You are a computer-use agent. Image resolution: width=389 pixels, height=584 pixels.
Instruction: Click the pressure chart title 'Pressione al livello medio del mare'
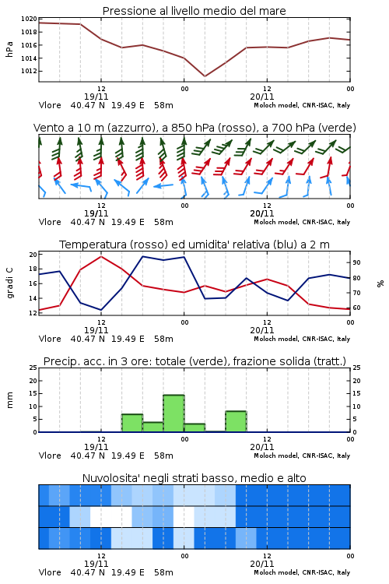pyautogui.click(x=194, y=11)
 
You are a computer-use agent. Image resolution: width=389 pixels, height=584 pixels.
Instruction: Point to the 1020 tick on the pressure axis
pyautogui.click(x=29, y=19)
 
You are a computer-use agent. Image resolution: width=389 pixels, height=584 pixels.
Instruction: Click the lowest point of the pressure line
pyautogui.click(x=205, y=76)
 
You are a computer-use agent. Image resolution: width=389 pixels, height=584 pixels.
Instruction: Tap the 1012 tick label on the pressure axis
pyautogui.click(x=29, y=71)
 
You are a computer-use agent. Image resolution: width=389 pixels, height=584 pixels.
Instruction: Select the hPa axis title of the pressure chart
pyautogui.click(x=9, y=49)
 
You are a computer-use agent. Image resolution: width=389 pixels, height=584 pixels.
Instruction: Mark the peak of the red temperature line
pyautogui.click(x=101, y=256)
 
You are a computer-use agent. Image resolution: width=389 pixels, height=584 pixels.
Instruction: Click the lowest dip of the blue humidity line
pyautogui.click(x=101, y=310)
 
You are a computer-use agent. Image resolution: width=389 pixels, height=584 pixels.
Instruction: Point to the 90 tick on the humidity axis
pyautogui.click(x=356, y=262)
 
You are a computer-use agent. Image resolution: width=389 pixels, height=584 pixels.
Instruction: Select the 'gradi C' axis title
pyautogui.click(x=10, y=283)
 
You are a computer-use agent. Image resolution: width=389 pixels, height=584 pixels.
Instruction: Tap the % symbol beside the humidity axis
pyautogui.click(x=380, y=283)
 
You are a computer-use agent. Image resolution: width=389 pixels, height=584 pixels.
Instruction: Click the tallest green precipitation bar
pyautogui.click(x=173, y=413)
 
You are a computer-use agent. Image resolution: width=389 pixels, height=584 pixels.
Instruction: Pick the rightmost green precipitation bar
pyautogui.click(x=236, y=421)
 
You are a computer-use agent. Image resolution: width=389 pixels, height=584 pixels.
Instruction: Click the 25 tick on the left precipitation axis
pyautogui.click(x=33, y=368)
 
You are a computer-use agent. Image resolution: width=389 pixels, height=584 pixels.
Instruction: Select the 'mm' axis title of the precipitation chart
pyautogui.click(x=9, y=400)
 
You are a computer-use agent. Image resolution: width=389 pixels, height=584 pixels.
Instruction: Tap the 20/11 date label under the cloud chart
pyautogui.click(x=262, y=564)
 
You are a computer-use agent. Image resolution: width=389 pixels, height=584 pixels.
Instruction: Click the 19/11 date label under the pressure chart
pyautogui.click(x=96, y=97)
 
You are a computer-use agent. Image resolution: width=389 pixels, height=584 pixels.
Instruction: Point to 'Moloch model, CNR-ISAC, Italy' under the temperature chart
pyautogui.click(x=302, y=339)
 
